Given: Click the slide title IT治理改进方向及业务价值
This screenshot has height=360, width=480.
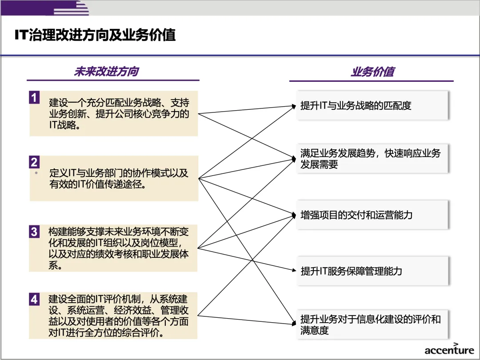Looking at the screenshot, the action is point(95,35).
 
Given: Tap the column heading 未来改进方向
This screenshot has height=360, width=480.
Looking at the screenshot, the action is point(106,72).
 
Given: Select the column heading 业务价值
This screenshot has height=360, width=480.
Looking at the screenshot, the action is point(372,72).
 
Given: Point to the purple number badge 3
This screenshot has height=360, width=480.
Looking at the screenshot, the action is point(34,232).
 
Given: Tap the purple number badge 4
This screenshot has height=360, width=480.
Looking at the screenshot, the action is point(34,299).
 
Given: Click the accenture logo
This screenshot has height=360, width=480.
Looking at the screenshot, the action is point(449,349).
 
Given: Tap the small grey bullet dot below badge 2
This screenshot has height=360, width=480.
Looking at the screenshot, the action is point(36,172).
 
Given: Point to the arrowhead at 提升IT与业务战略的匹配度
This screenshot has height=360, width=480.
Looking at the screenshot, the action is point(294,106).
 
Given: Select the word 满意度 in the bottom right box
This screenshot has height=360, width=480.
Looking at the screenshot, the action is point(314,331).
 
